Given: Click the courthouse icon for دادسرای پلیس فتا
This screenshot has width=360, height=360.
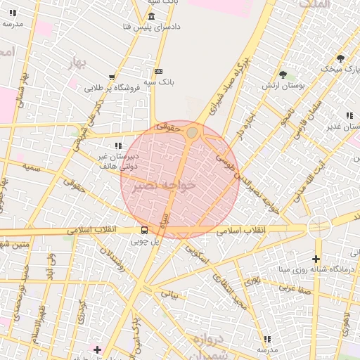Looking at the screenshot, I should click(152, 16).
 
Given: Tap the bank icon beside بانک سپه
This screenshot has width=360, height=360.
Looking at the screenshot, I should click(158, 71).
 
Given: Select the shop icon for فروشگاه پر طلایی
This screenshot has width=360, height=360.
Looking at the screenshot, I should click(112, 77).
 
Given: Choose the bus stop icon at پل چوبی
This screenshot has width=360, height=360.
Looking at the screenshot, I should click(144, 229).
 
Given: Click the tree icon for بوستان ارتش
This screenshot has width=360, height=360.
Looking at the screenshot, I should click(283, 75).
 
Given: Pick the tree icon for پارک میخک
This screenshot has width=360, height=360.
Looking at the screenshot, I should click(340, 58).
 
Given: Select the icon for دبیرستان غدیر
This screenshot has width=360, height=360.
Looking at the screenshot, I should click(349, 115).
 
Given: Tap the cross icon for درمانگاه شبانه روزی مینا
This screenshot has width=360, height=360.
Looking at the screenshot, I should click(316, 259).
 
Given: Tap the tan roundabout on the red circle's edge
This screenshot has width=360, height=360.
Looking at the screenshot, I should click(192, 132).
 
